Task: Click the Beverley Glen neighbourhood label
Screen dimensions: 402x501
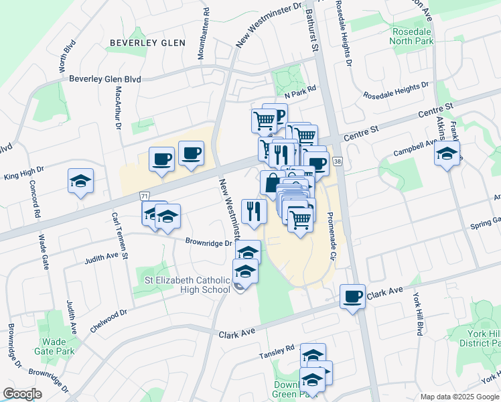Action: coord(147,43)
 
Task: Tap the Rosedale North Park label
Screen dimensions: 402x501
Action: coord(412,36)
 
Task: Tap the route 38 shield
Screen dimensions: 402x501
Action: coord(337,162)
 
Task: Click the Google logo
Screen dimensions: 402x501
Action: coord(22,394)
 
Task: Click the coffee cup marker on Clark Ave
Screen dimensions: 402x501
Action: coord(352,297)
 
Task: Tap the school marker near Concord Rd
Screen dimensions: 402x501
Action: coord(80,181)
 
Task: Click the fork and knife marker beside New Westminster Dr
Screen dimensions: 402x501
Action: coord(254,211)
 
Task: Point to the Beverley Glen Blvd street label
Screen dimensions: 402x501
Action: coord(105,79)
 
